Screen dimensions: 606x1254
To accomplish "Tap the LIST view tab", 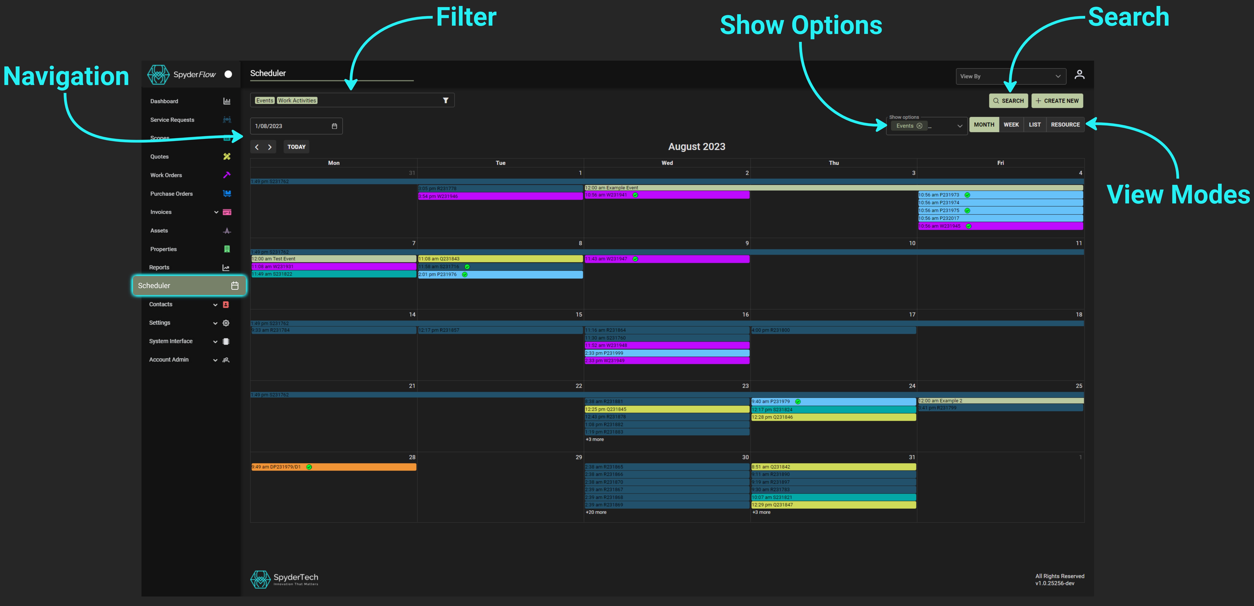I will pyautogui.click(x=1034, y=125).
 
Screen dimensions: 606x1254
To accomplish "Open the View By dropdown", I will pyautogui.click(x=1010, y=76).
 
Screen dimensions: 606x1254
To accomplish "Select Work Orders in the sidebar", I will pyautogui.click(x=166, y=175).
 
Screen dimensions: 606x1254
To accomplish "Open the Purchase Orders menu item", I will pyautogui.click(x=171, y=194).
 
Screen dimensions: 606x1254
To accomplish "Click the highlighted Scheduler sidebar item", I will pyautogui.click(x=189, y=286).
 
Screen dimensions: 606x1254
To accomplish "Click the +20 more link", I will pyautogui.click(x=596, y=512).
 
